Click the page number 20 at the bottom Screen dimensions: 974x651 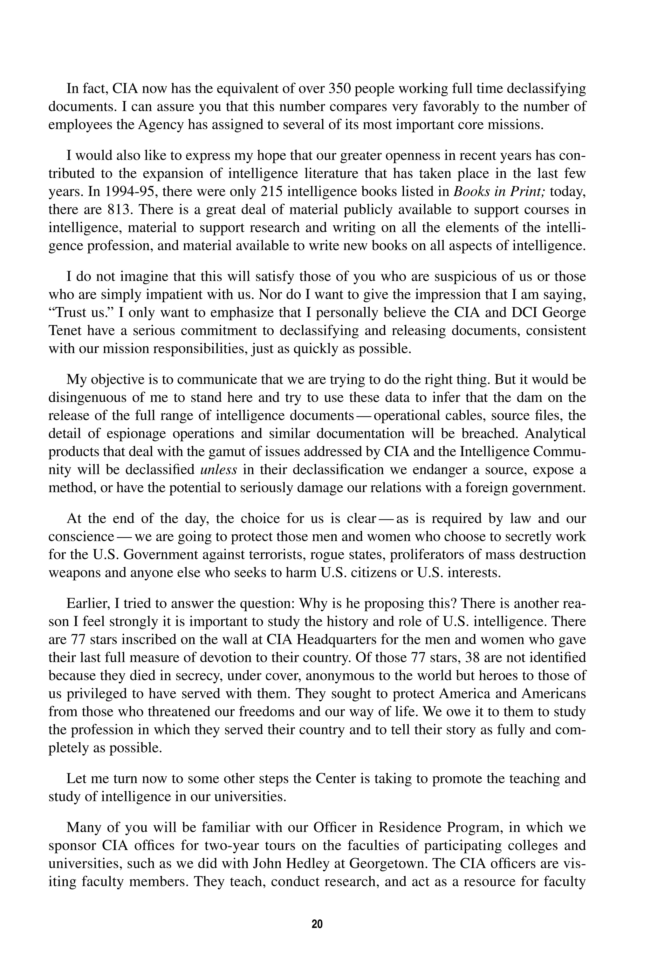point(317,924)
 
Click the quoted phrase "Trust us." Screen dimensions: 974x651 point(81,312)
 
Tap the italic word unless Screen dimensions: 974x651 point(218,469)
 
